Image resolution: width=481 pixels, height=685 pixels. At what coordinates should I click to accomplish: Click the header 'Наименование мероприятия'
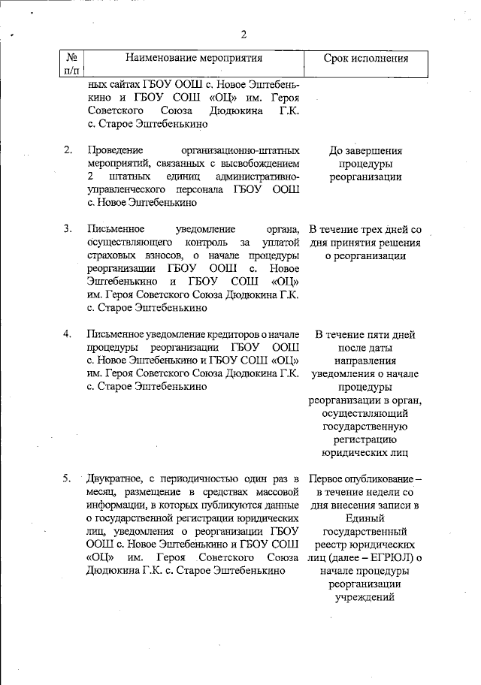pyautogui.click(x=195, y=58)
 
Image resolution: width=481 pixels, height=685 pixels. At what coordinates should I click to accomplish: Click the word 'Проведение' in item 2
pyautogui.click(x=114, y=150)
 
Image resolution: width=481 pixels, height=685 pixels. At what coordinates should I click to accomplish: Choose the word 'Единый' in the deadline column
pyautogui.click(x=365, y=517)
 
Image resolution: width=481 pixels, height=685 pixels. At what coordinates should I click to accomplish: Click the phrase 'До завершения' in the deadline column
pyautogui.click(x=365, y=150)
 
